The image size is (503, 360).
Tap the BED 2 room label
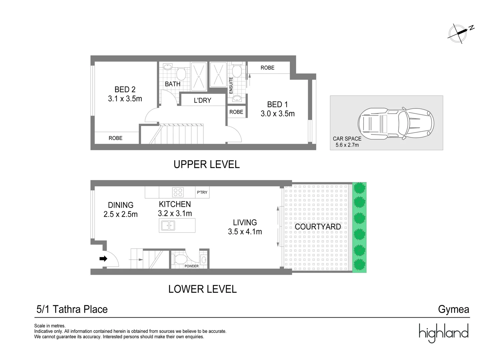coord(125,89)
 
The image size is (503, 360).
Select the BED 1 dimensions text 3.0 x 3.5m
coord(278,114)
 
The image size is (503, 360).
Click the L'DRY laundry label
coord(202,100)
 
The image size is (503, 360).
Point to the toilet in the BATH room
coord(181,73)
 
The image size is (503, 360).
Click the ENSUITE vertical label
coord(231,85)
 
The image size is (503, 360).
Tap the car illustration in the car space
coord(396,123)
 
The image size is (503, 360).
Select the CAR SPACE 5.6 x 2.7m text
coord(347,142)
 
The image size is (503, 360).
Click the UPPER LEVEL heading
coord(206,164)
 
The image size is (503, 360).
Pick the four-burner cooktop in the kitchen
coord(177,192)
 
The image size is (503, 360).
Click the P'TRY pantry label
coord(202,192)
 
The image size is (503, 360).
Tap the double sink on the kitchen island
coord(168,226)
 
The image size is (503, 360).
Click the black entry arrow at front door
coord(103,258)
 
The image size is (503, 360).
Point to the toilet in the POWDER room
coord(180,259)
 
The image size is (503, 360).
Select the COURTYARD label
coord(318,227)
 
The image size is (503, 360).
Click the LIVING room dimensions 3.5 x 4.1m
coord(245,232)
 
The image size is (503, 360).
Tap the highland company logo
coord(444,333)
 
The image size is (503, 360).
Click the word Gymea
coord(453,309)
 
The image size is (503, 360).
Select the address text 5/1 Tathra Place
coord(72,309)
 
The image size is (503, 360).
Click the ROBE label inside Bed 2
coord(115,138)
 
